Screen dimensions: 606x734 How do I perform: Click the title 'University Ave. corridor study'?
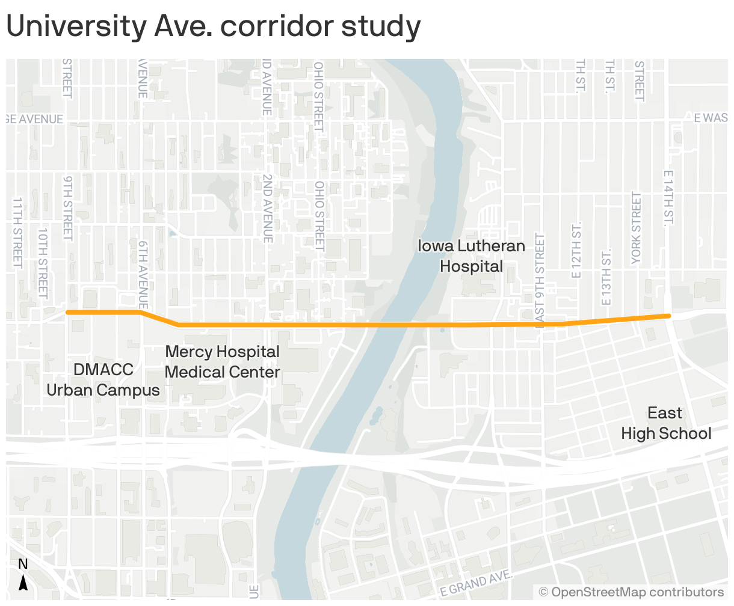[x=213, y=27]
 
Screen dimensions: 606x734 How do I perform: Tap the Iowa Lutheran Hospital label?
[x=471, y=256]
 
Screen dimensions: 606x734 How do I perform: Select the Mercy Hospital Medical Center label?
[x=222, y=362]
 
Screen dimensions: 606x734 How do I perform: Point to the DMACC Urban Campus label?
[x=103, y=380]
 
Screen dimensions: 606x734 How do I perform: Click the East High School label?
[x=666, y=423]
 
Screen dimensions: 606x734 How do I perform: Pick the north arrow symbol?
[x=23, y=581]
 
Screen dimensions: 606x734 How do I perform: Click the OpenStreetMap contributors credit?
[x=631, y=593]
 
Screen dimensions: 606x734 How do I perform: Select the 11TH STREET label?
[x=17, y=233]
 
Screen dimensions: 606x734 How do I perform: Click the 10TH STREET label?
[x=43, y=262]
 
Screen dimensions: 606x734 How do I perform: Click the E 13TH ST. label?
[x=606, y=277]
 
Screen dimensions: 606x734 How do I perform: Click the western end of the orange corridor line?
[x=67, y=312]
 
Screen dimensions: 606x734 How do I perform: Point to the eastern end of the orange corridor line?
[x=668, y=316]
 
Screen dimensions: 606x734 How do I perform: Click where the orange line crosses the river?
[x=385, y=325]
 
